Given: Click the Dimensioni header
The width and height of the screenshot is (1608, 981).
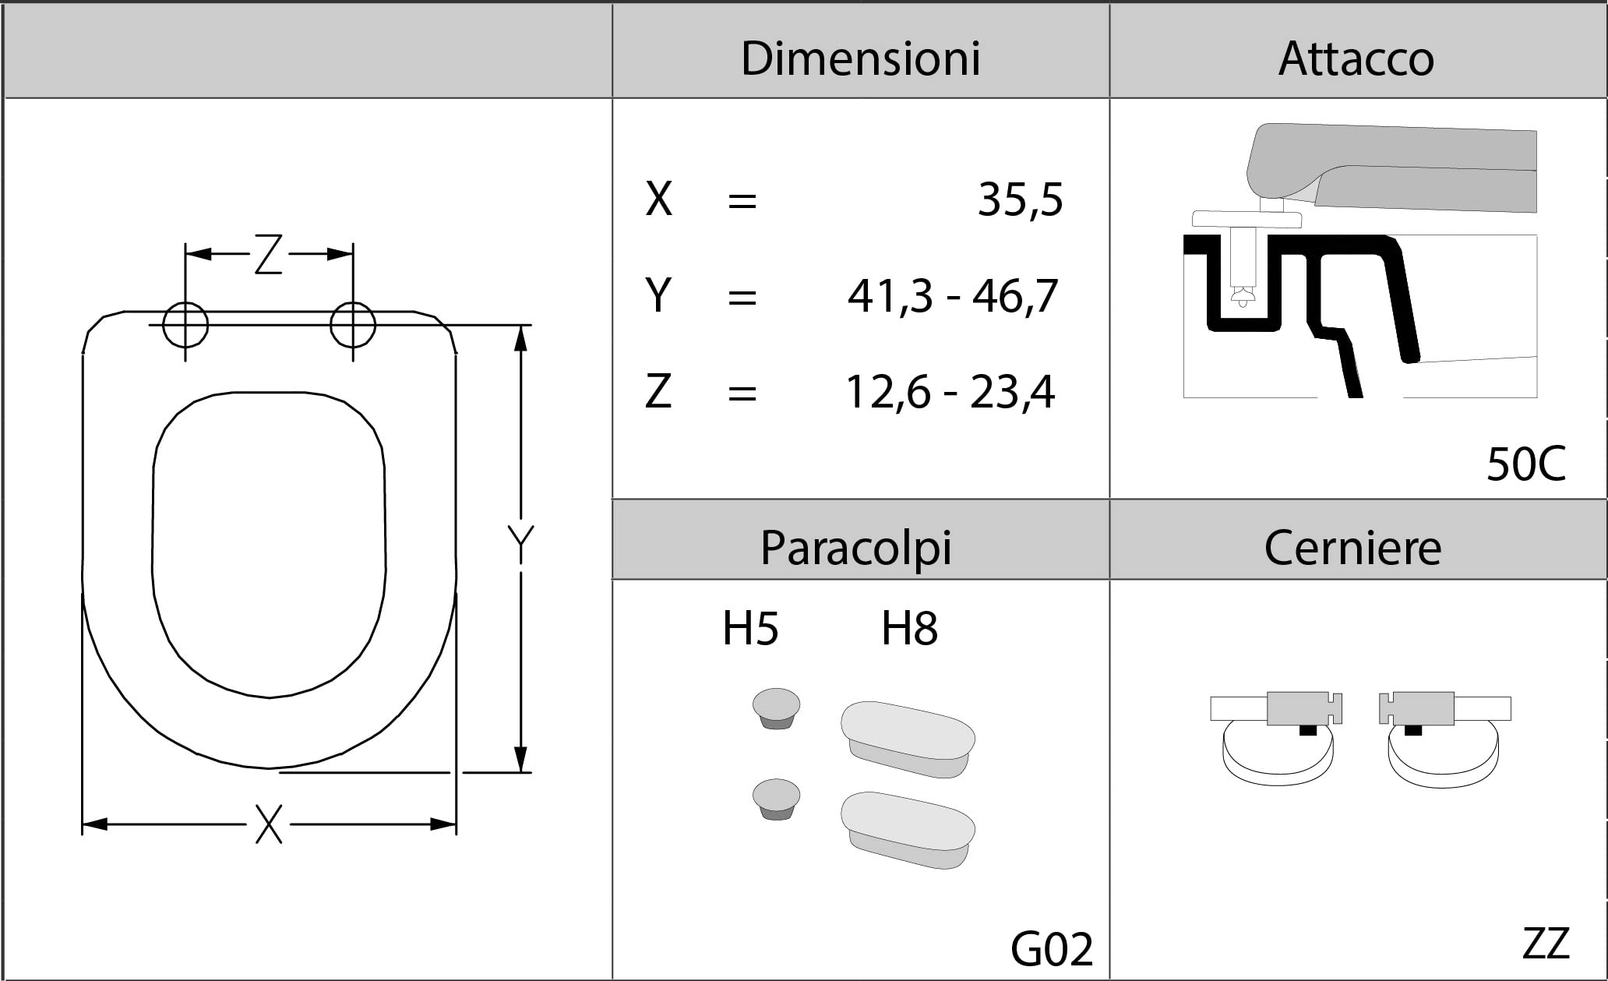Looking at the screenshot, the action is pos(860,58).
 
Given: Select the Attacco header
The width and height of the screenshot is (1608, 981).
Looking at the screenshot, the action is pos(1356,58).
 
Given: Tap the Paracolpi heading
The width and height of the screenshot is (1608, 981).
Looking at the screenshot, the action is pos(855,548).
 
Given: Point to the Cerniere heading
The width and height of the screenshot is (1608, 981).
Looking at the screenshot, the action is pos(1352,548).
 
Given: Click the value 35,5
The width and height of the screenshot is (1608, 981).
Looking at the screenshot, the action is pos(1020,199).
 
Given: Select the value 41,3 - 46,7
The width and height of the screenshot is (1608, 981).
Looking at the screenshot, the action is pos(952,296).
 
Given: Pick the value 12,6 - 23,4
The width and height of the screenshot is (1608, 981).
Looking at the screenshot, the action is pos(950,392).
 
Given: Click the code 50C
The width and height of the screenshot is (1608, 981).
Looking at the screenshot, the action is pos(1525,464).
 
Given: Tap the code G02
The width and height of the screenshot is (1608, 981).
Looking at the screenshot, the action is pos(1052,949).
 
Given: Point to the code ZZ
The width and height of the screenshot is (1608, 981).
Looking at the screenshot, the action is pos(1546,944).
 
